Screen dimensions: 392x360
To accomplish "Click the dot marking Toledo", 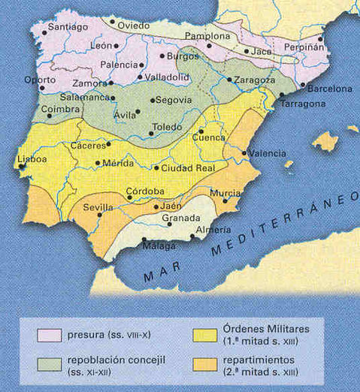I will pos(151,134).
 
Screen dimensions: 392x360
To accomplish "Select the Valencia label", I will pos(268,153).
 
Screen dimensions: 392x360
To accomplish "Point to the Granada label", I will pos(181,218).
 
